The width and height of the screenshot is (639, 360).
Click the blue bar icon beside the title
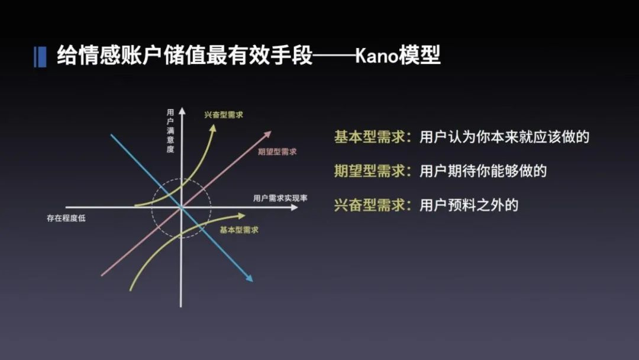coord(40,56)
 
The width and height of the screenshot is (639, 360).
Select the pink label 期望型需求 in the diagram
coord(277,152)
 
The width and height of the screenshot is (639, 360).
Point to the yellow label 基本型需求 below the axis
coord(238,230)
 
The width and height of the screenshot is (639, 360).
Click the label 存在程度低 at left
coord(67,217)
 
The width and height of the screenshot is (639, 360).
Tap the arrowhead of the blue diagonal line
coord(250,278)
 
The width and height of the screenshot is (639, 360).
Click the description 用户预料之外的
coord(469,205)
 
